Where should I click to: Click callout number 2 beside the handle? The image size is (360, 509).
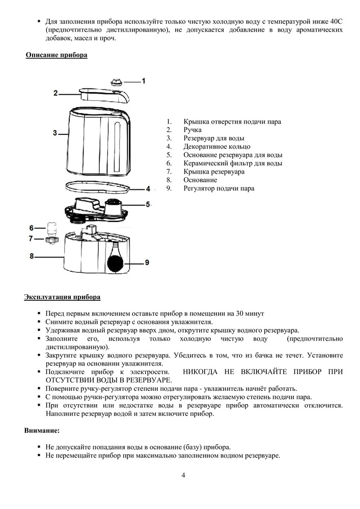coord(56,93)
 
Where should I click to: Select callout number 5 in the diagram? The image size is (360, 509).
coord(148,205)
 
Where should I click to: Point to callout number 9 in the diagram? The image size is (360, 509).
coord(147,263)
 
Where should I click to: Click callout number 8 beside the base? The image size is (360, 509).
coord(32,257)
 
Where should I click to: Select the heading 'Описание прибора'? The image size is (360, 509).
coord(57,54)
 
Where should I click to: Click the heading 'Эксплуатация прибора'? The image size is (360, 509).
coord(62,297)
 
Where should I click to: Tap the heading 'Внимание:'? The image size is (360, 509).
coord(42,431)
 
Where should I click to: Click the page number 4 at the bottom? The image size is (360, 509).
coord(183,475)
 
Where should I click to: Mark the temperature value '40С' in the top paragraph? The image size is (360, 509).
coord(334,22)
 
